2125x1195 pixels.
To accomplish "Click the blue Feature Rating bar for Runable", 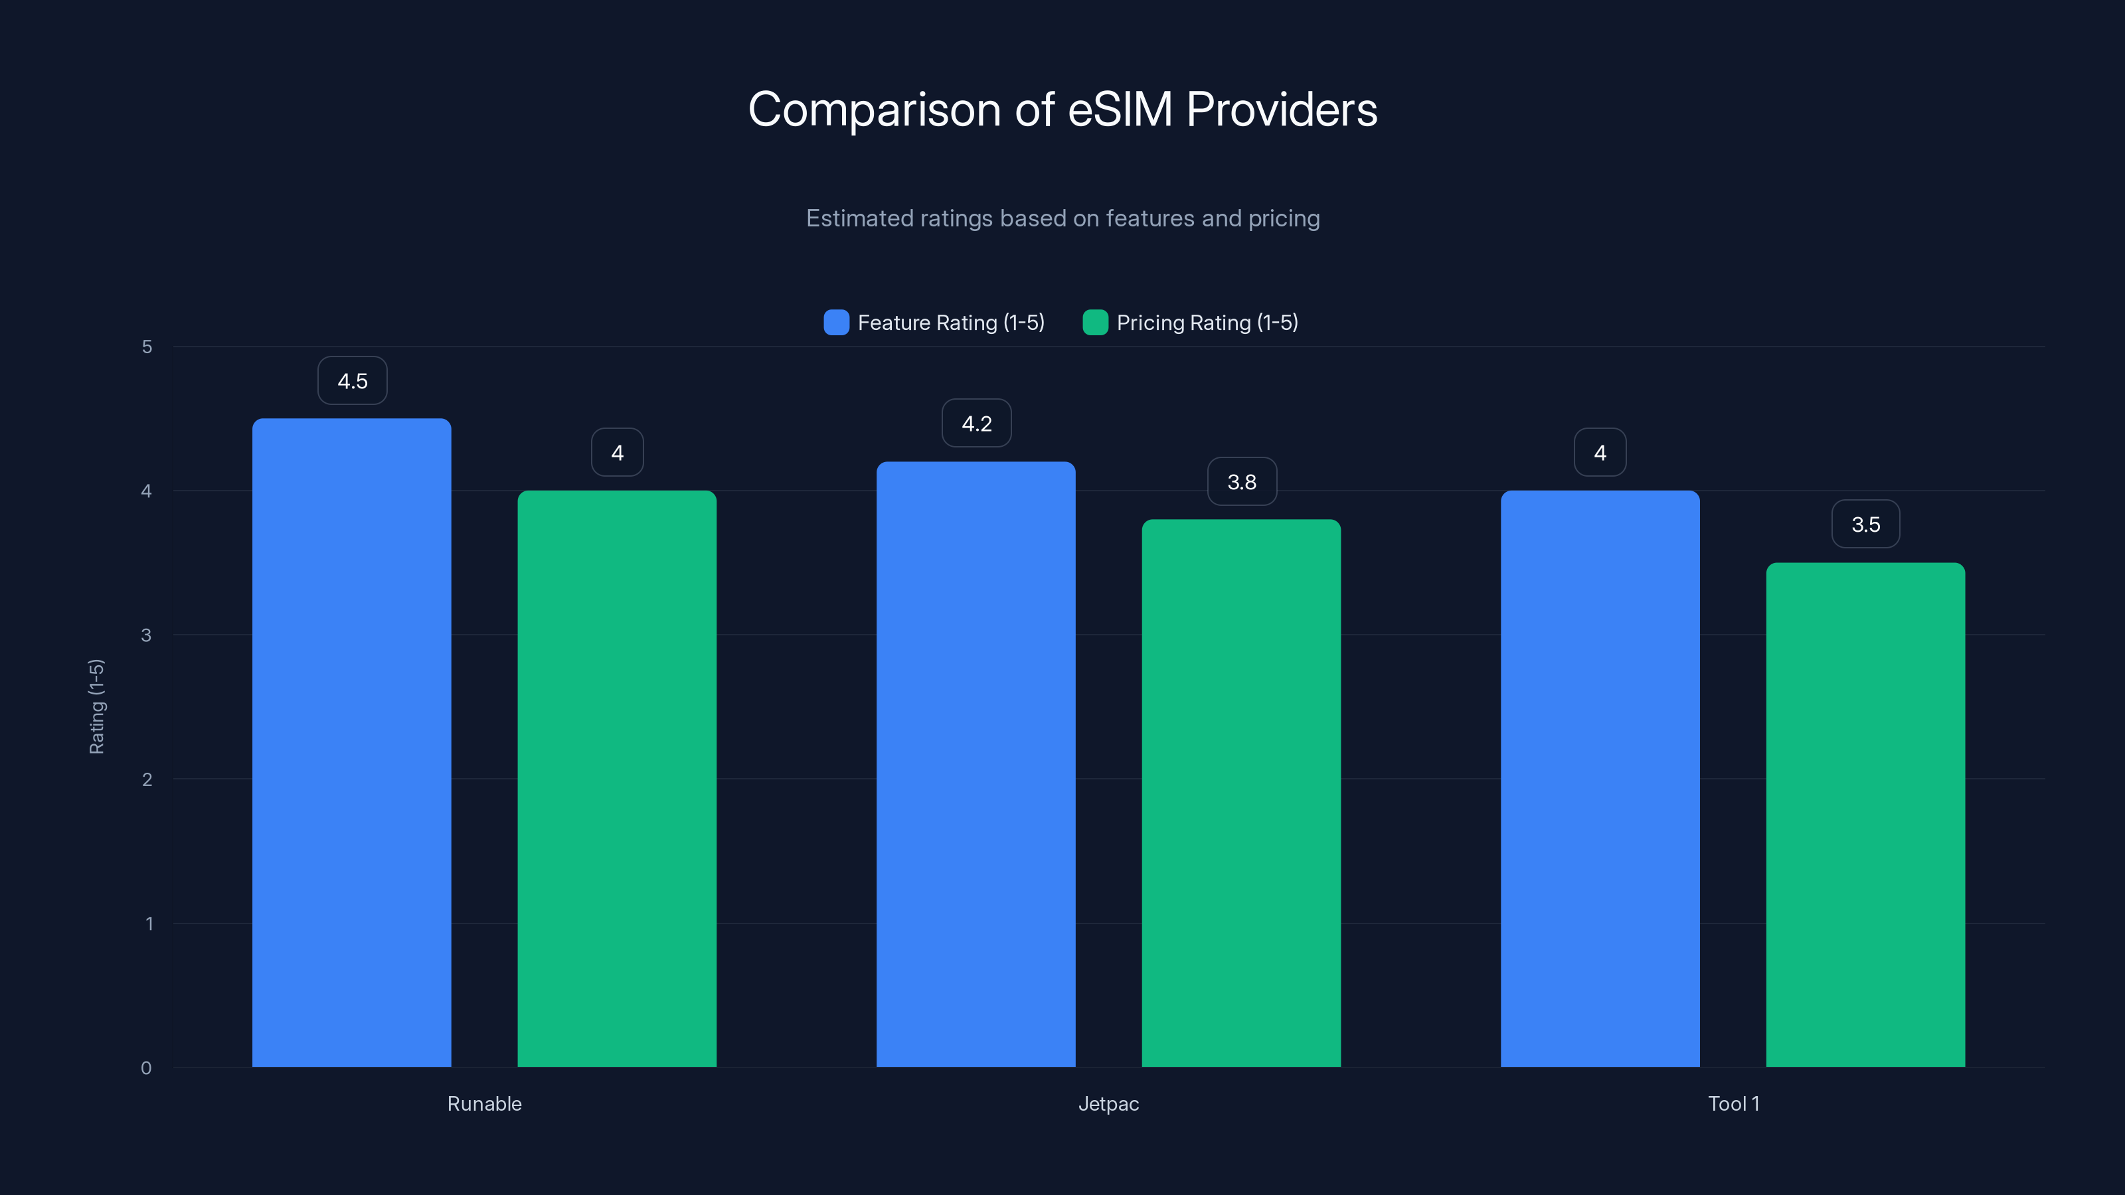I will point(351,742).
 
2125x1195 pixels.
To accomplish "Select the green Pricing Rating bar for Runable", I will point(617,779).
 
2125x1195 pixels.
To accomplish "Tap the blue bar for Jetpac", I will point(976,763).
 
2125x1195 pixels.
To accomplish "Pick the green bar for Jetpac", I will point(1242,793).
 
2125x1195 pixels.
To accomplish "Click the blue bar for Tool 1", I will point(1600,779).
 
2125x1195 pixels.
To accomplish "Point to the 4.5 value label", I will point(352,381).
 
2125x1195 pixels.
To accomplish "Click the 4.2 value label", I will point(977,424).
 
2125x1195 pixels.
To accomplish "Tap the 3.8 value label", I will point(1242,481).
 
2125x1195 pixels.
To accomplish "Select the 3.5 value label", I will point(1865,524).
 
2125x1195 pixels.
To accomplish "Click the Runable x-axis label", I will point(484,1103).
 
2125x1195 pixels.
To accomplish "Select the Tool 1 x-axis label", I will point(1733,1103).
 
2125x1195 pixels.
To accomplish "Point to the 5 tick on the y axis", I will point(147,347).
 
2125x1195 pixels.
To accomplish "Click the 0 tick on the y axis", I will point(146,1068).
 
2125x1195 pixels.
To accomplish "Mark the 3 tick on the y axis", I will point(146,635).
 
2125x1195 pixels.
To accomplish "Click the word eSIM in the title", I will point(1120,110).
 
